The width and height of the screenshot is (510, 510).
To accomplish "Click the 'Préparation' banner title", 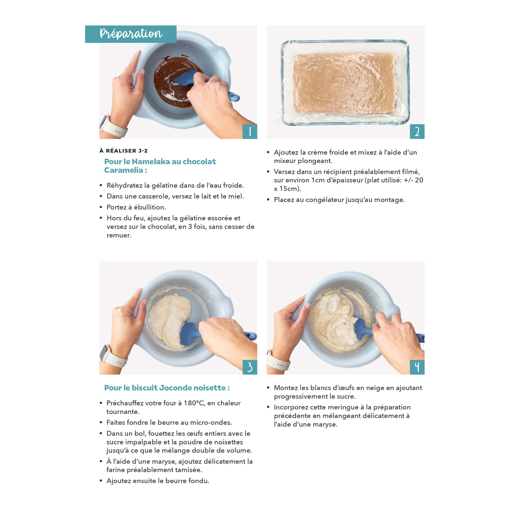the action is (x=131, y=34).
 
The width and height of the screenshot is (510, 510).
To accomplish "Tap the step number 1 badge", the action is (x=250, y=131).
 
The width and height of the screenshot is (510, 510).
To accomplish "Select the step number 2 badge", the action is (x=417, y=131).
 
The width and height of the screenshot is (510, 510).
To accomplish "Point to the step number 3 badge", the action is (x=250, y=367).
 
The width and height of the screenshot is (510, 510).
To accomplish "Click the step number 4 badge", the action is (x=417, y=367).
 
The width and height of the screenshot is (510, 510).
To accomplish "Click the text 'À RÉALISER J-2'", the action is (x=124, y=151).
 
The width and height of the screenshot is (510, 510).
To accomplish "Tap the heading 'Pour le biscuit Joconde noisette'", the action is (x=167, y=388).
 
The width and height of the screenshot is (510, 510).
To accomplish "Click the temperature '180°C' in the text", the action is (x=194, y=403).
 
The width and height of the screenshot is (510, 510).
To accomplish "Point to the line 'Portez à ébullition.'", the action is (x=136, y=207).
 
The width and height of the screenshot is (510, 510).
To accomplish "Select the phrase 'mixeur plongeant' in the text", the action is (x=303, y=161).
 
